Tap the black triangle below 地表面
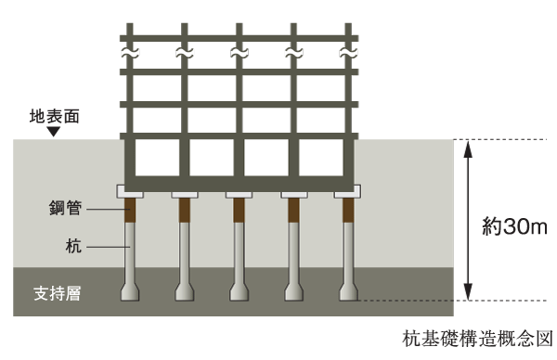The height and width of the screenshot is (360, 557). pyautogui.click(x=53, y=133)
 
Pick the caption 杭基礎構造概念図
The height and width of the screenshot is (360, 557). pyautogui.click(x=478, y=339)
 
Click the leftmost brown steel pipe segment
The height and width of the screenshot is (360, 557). pyautogui.click(x=130, y=211)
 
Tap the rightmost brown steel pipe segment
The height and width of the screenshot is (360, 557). pyautogui.click(x=349, y=211)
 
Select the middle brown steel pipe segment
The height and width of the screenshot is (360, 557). pyautogui.click(x=240, y=211)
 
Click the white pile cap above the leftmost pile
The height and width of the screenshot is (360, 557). pyautogui.click(x=130, y=192)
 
